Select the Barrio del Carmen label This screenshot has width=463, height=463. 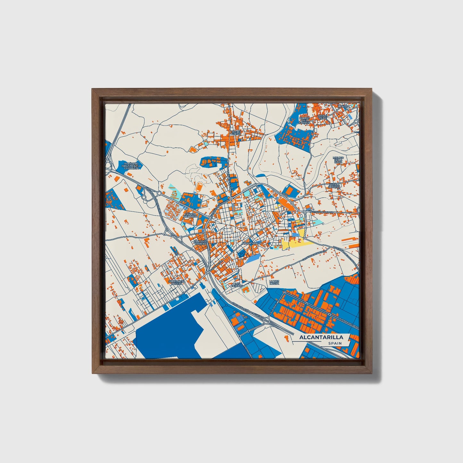click(304, 120)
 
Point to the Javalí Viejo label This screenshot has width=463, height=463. click(322, 117)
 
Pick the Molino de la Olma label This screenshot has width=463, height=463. click(338, 160)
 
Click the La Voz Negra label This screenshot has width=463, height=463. click(274, 282)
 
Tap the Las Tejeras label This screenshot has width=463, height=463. click(237, 285)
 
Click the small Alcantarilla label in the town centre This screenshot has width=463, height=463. click(252, 243)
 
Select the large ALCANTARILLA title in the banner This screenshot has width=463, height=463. click(321, 337)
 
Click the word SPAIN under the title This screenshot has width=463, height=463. click(335, 343)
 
